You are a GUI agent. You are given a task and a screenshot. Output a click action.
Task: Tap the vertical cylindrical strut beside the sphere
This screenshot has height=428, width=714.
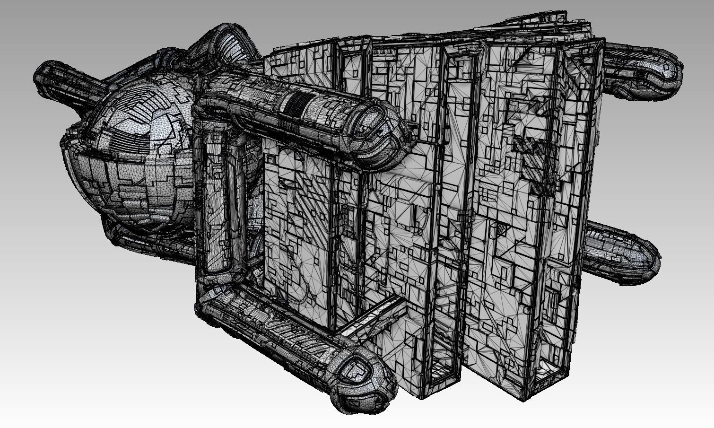coord(213,203)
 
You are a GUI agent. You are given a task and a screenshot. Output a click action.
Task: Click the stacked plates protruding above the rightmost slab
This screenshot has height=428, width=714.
coord(567,24)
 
